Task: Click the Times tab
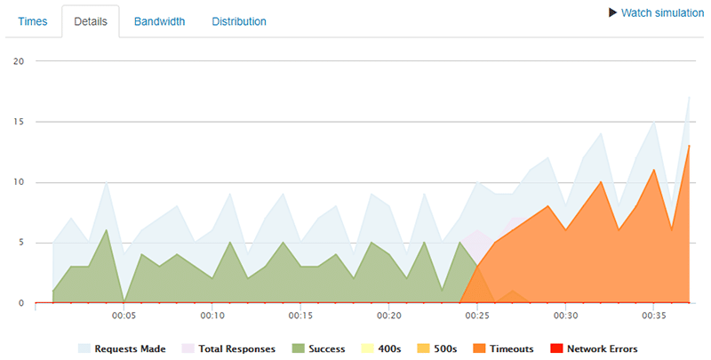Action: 33,21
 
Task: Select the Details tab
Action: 90,21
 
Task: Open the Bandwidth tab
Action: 159,21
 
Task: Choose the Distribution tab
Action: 238,21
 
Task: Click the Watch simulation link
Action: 662,13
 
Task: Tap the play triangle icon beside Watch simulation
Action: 612,13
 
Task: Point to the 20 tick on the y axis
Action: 18,61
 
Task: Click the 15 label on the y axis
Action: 18,122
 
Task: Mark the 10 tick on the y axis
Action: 18,182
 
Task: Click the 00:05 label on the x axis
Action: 124,316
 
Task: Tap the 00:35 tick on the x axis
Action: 654,316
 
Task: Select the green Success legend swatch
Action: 296,349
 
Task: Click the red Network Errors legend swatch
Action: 557,349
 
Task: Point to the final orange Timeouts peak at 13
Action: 689,146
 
